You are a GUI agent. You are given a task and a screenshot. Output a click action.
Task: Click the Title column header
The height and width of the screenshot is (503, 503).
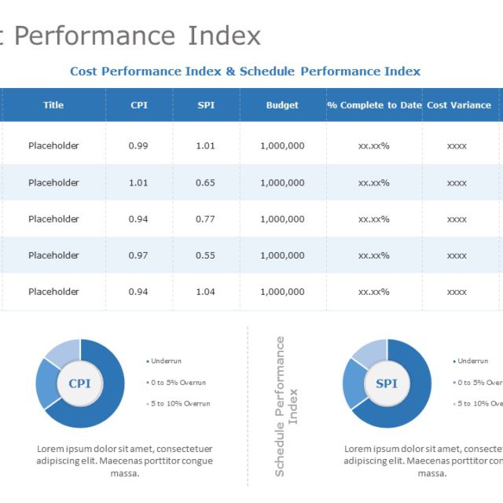tap(53, 105)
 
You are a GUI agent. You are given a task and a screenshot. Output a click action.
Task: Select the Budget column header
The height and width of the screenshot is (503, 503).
tap(282, 105)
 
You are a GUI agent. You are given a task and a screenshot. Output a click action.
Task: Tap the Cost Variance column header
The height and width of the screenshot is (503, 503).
tap(458, 105)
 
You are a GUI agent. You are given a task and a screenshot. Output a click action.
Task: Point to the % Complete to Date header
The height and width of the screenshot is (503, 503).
tap(374, 105)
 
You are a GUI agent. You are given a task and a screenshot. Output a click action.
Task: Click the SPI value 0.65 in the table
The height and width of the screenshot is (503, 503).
tap(205, 183)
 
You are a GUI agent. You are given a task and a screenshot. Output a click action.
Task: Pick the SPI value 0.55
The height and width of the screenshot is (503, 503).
tap(205, 255)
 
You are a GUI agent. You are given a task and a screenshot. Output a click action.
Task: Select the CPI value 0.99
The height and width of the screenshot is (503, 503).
tap(138, 146)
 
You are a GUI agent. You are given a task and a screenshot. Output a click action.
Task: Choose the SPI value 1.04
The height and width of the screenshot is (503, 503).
tap(205, 292)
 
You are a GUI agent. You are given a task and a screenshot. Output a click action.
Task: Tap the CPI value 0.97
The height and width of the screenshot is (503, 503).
tap(138, 255)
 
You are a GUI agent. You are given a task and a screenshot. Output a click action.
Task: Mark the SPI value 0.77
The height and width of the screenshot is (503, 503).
tap(205, 219)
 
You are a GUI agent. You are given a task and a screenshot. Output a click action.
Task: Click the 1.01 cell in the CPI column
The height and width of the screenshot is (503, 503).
tap(138, 183)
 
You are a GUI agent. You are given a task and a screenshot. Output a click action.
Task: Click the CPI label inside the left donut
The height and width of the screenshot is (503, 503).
tap(79, 384)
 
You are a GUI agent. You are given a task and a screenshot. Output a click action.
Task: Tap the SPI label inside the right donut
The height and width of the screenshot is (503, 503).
tap(386, 384)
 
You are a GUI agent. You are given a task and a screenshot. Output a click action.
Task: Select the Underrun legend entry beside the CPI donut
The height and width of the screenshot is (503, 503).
tap(164, 361)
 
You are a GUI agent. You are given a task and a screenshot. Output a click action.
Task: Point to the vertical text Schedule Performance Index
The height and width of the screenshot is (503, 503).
tap(286, 406)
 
